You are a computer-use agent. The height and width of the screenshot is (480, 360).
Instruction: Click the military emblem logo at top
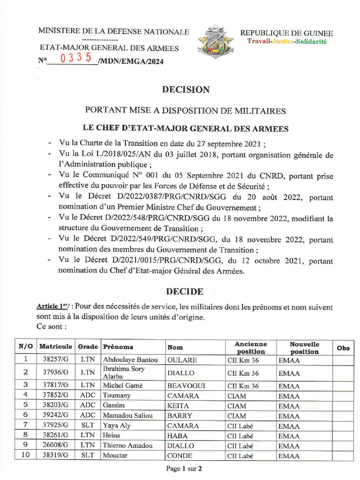coord(214,42)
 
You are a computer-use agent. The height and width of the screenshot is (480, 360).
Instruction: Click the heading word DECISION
coord(186,90)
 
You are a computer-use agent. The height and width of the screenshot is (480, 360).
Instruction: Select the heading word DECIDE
coord(184,292)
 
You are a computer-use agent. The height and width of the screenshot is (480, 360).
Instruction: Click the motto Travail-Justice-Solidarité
coord(287,42)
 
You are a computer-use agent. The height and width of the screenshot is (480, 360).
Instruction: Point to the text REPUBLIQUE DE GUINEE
coord(286,33)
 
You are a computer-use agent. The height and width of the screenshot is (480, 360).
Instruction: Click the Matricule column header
coord(56,347)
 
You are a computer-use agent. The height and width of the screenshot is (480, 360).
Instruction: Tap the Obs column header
coord(343,347)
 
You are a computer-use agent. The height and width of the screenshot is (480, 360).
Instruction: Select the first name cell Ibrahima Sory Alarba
coord(124,372)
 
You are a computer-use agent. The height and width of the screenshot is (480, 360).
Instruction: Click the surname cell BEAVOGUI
coord(186,386)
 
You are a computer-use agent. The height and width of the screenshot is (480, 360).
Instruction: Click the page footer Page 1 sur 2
coord(184,468)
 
